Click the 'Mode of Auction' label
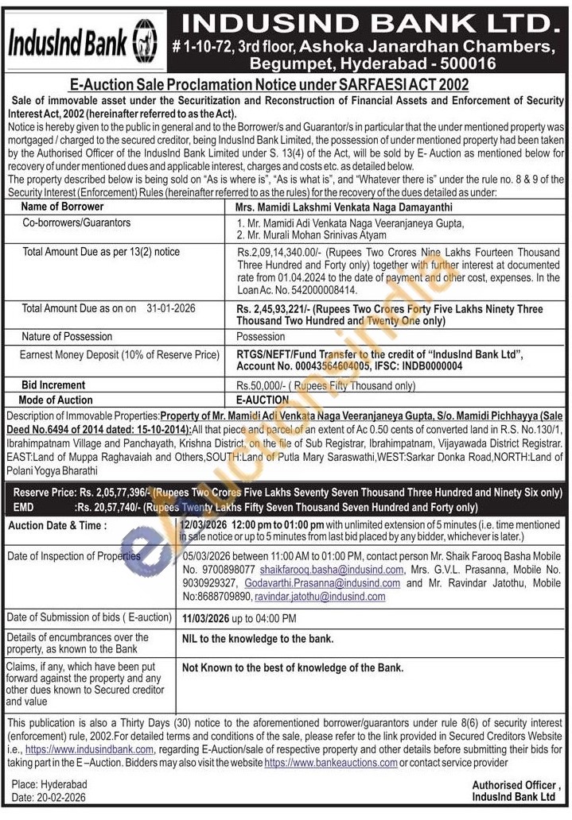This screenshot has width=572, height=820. point(56,400)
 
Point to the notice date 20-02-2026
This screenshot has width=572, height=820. point(60,797)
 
